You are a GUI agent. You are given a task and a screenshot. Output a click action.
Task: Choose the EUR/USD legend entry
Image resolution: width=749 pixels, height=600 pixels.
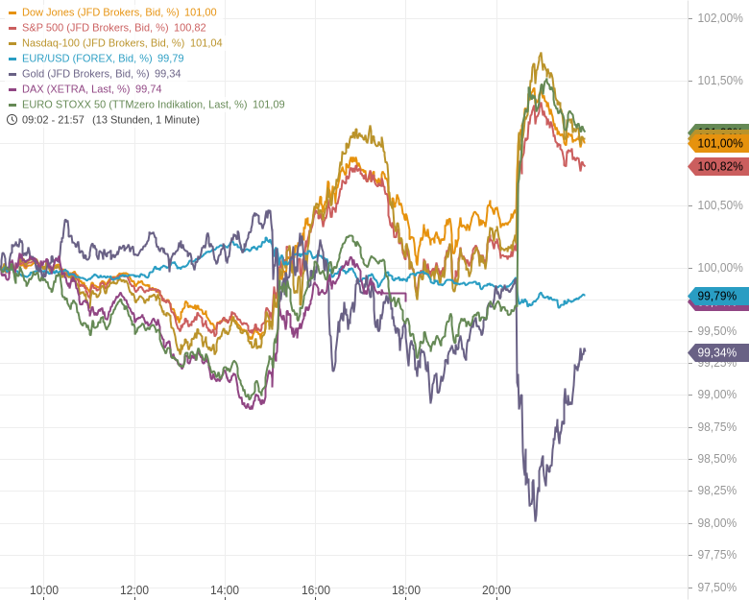pos(96,59)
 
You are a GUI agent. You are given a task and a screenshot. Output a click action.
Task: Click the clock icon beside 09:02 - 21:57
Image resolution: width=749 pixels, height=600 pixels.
pos(12,120)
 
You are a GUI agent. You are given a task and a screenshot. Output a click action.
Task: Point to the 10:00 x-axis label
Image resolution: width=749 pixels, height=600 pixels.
pos(43,590)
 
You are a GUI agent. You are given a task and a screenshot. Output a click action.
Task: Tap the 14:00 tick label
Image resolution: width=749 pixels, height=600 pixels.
pos(225,590)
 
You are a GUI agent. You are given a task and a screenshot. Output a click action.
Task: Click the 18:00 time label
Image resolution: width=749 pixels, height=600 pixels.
pos(406,590)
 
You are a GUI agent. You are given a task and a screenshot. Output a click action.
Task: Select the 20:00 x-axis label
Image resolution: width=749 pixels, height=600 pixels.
pos(496,590)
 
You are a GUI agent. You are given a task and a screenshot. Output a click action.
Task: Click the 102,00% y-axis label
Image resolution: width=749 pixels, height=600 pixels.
pos(719,18)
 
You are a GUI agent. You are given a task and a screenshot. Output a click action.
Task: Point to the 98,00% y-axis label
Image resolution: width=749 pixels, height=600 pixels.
pos(716,523)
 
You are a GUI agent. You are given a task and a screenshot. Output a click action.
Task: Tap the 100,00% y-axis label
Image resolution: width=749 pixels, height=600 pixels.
pos(719,268)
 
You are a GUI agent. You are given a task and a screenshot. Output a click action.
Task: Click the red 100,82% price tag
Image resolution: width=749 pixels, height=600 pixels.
pos(719,167)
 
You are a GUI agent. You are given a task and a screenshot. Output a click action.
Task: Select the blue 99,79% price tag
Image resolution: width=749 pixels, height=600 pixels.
pos(717,296)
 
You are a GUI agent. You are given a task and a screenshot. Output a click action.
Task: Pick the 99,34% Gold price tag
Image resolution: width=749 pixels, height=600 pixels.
pos(717,353)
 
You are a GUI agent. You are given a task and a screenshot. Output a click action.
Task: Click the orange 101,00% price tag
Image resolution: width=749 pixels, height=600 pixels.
pos(719,143)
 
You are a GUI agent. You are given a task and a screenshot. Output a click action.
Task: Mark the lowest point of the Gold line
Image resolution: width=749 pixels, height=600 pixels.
pos(535,519)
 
